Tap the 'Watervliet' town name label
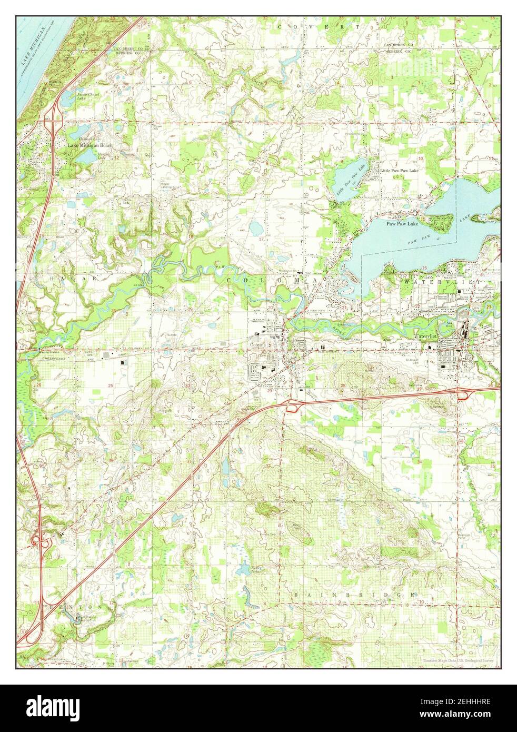point(430,335)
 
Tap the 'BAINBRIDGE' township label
point(353,594)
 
